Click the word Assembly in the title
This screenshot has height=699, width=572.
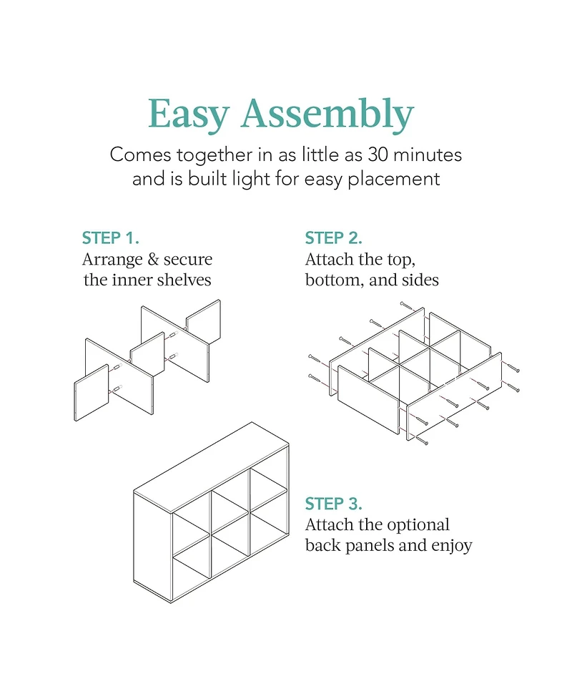[326, 114]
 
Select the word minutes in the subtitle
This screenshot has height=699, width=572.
[429, 154]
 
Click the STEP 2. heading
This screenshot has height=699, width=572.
[333, 238]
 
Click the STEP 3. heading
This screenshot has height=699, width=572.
[334, 504]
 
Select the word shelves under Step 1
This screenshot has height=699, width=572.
[184, 279]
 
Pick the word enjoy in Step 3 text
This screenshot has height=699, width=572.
[452, 546]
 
